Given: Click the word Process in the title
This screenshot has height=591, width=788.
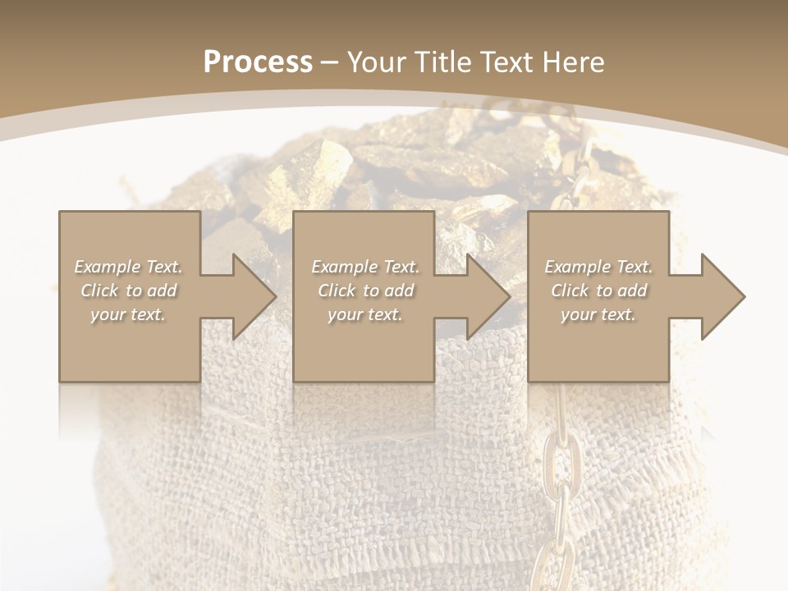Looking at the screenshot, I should [258, 62].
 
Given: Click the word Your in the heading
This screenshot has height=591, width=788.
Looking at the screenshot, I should [378, 62].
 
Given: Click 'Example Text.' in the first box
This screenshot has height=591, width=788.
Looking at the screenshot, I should [128, 267].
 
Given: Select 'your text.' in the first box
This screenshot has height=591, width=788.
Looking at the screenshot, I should [128, 314].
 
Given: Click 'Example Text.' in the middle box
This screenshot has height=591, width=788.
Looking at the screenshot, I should [365, 267].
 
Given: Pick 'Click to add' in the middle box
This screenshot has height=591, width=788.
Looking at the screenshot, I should [365, 291].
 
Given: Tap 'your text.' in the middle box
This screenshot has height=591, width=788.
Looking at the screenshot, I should [365, 314].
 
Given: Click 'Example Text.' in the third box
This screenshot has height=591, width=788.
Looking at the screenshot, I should [598, 267].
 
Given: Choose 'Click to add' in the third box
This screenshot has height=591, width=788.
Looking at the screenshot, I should [598, 291].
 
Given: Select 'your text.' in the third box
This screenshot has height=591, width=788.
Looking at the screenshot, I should [598, 314].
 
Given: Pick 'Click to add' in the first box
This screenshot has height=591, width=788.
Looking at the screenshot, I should [128, 291].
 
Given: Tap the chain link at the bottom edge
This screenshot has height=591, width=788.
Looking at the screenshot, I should [551, 570].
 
